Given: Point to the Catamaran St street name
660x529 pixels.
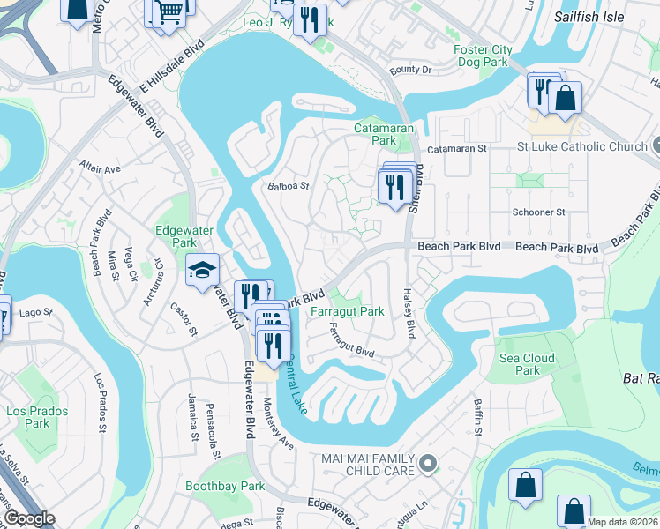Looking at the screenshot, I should tap(457, 149).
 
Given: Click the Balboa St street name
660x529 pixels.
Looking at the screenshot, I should tap(289, 186).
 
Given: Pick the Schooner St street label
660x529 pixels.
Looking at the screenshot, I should tap(538, 212).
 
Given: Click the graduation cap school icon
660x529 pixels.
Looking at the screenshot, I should tap(202, 270).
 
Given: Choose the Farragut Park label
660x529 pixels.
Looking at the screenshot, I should tap(347, 311).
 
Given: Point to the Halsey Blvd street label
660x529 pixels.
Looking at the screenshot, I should tap(409, 316).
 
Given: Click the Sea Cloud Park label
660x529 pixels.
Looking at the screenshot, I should tap(527, 364).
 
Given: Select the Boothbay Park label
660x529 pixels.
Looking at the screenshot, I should tap(225, 486).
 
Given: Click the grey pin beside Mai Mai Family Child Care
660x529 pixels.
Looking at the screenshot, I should tap(428, 463).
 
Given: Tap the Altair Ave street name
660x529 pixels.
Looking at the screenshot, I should tap(99, 168).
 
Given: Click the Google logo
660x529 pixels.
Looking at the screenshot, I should tap(29, 518).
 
